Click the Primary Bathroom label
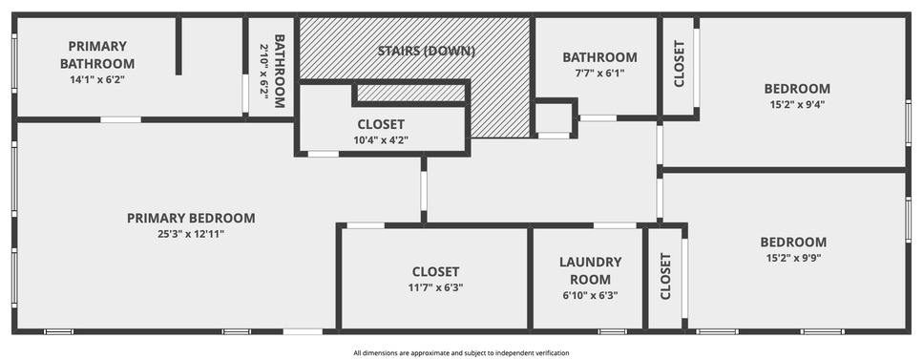coord(97,54)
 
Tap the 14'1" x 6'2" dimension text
coord(97,80)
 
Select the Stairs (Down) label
coord(426,51)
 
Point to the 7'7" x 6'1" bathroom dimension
coord(599,74)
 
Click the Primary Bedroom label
coord(191,218)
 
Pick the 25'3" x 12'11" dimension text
coord(191,234)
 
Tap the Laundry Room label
coord(590,269)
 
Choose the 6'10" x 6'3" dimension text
coord(590,295)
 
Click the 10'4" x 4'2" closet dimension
coord(381,140)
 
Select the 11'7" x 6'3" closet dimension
coord(435,287)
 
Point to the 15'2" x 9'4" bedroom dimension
coord(797,105)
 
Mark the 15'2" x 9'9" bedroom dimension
coord(793,258)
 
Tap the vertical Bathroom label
coord(280,72)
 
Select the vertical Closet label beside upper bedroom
coord(679,64)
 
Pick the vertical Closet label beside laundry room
coord(664,276)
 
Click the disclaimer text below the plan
coord(461,353)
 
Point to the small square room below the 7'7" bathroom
coord(554,118)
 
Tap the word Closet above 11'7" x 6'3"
coord(435,271)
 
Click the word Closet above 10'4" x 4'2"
coord(381,124)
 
